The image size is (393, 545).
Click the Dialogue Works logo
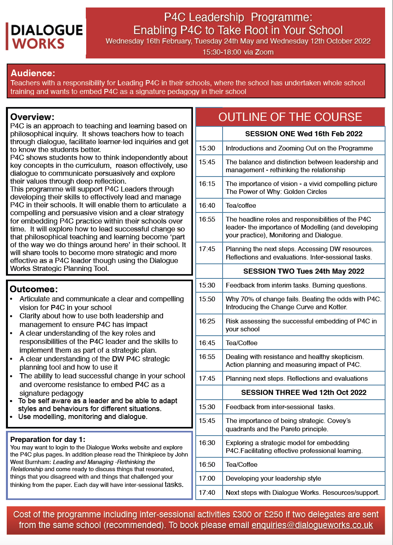(x=45, y=37)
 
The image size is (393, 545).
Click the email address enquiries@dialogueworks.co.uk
(x=312, y=525)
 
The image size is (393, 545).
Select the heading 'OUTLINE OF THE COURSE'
(x=290, y=117)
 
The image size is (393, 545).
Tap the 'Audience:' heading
(x=33, y=73)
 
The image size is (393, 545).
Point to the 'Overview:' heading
(x=32, y=117)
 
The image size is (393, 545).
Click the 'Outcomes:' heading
(x=34, y=289)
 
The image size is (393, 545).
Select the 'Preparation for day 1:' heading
(x=48, y=439)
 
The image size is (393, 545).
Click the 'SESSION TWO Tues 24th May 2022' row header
(x=304, y=271)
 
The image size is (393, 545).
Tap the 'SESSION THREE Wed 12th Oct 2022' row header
(x=304, y=393)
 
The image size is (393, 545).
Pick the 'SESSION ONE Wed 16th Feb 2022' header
(x=304, y=134)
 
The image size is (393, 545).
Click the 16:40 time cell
(x=207, y=205)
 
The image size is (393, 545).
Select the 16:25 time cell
(x=207, y=321)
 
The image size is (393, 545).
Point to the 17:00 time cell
(x=207, y=478)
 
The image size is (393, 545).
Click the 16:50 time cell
(x=207, y=464)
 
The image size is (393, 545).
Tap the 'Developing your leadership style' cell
(x=273, y=478)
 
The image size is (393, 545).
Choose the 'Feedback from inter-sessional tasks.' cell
(x=280, y=407)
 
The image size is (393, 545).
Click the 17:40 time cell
(x=207, y=492)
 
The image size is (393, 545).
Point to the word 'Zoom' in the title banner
(x=264, y=52)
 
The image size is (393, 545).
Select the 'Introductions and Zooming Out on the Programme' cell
(x=299, y=148)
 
